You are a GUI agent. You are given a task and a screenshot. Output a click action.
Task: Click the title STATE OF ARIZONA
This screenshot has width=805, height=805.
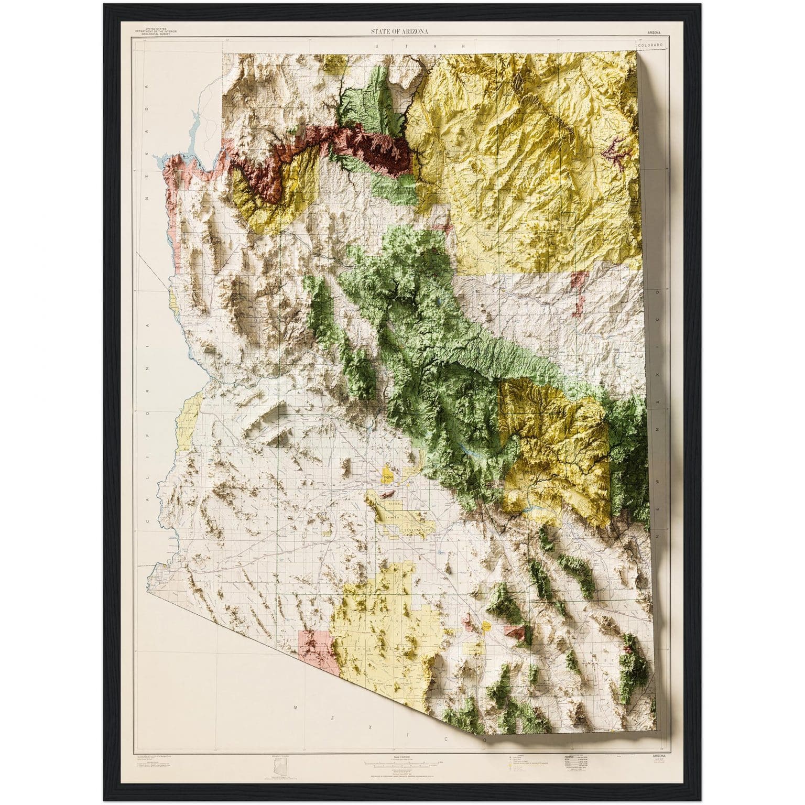(400, 31)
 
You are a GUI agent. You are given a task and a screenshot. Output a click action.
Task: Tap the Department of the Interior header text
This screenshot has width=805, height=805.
(156, 31)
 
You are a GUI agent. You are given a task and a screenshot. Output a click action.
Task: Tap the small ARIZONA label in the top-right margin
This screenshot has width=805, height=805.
(650, 32)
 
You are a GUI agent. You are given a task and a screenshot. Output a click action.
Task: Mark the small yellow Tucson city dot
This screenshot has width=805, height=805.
(487, 626)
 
